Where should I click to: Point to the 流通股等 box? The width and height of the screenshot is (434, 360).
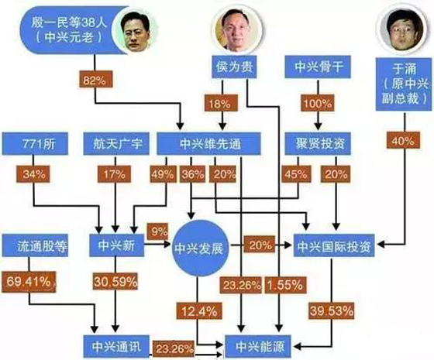click(43, 245)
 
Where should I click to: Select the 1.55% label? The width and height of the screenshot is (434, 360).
click(281, 285)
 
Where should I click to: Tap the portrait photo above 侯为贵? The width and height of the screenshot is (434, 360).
click(235, 30)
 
